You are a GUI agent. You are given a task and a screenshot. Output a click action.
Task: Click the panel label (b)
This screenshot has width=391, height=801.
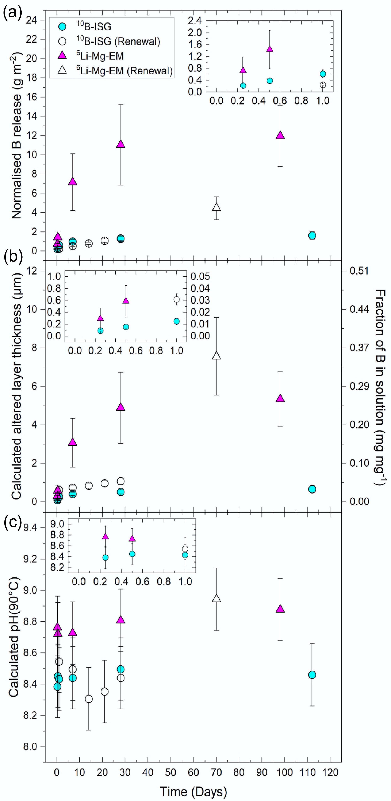(13, 257)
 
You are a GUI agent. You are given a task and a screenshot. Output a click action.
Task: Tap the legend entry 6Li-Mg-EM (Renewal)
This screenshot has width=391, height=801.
(124, 71)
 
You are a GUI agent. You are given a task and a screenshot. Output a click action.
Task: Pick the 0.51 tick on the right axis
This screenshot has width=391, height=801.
(359, 271)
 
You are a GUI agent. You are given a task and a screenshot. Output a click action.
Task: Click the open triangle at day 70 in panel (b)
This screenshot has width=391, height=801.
(217, 356)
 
